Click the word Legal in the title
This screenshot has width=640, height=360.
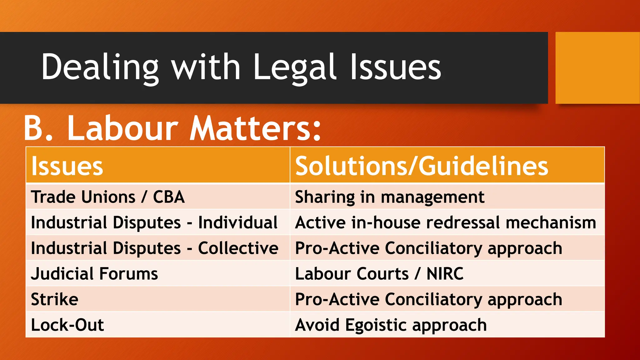coord(295,67)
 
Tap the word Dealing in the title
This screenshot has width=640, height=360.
coord(100,67)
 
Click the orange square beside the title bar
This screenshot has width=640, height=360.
coord(597,68)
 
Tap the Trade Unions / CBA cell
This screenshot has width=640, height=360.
coord(108,197)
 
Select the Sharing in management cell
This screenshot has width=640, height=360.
coord(389,197)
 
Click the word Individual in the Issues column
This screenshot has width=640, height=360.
coord(238,223)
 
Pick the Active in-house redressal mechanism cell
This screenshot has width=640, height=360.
coord(445,223)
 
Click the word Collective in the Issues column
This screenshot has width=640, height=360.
coord(238,248)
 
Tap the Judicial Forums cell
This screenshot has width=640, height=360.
coord(94,274)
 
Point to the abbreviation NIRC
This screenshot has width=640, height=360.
coord(445,274)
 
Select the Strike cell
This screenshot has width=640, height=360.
coord(55,300)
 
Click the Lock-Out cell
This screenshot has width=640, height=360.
coord(67,325)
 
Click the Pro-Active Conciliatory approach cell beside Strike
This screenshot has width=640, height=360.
coord(428,300)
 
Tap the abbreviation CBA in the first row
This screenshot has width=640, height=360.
coord(169,197)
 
